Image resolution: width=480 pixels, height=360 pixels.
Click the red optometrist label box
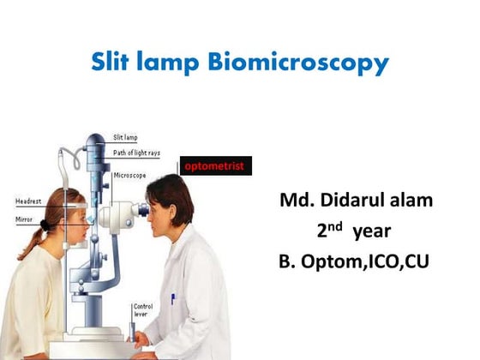click(214, 165)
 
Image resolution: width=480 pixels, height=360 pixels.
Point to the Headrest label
click(28, 201)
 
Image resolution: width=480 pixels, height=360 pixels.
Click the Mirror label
click(25, 220)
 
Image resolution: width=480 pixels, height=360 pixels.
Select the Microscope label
click(129, 175)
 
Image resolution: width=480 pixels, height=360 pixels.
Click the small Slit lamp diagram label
click(128, 136)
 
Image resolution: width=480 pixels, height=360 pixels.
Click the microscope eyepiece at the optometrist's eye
click(140, 208)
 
